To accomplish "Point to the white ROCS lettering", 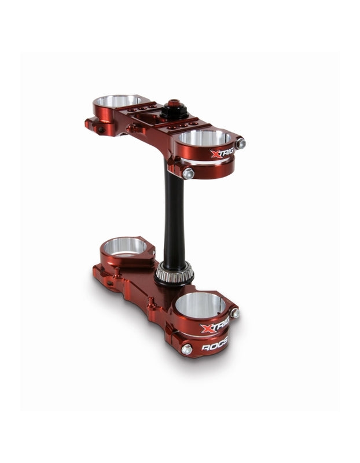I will (x=215, y=348).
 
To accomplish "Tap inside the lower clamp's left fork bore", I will (x=124, y=247).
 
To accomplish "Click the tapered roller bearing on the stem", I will (x=174, y=272).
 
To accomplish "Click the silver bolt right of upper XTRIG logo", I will (x=240, y=143).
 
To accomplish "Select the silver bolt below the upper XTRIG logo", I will (x=188, y=172).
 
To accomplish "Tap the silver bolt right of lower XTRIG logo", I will (x=234, y=313).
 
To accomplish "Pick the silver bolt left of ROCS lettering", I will (x=186, y=349).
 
